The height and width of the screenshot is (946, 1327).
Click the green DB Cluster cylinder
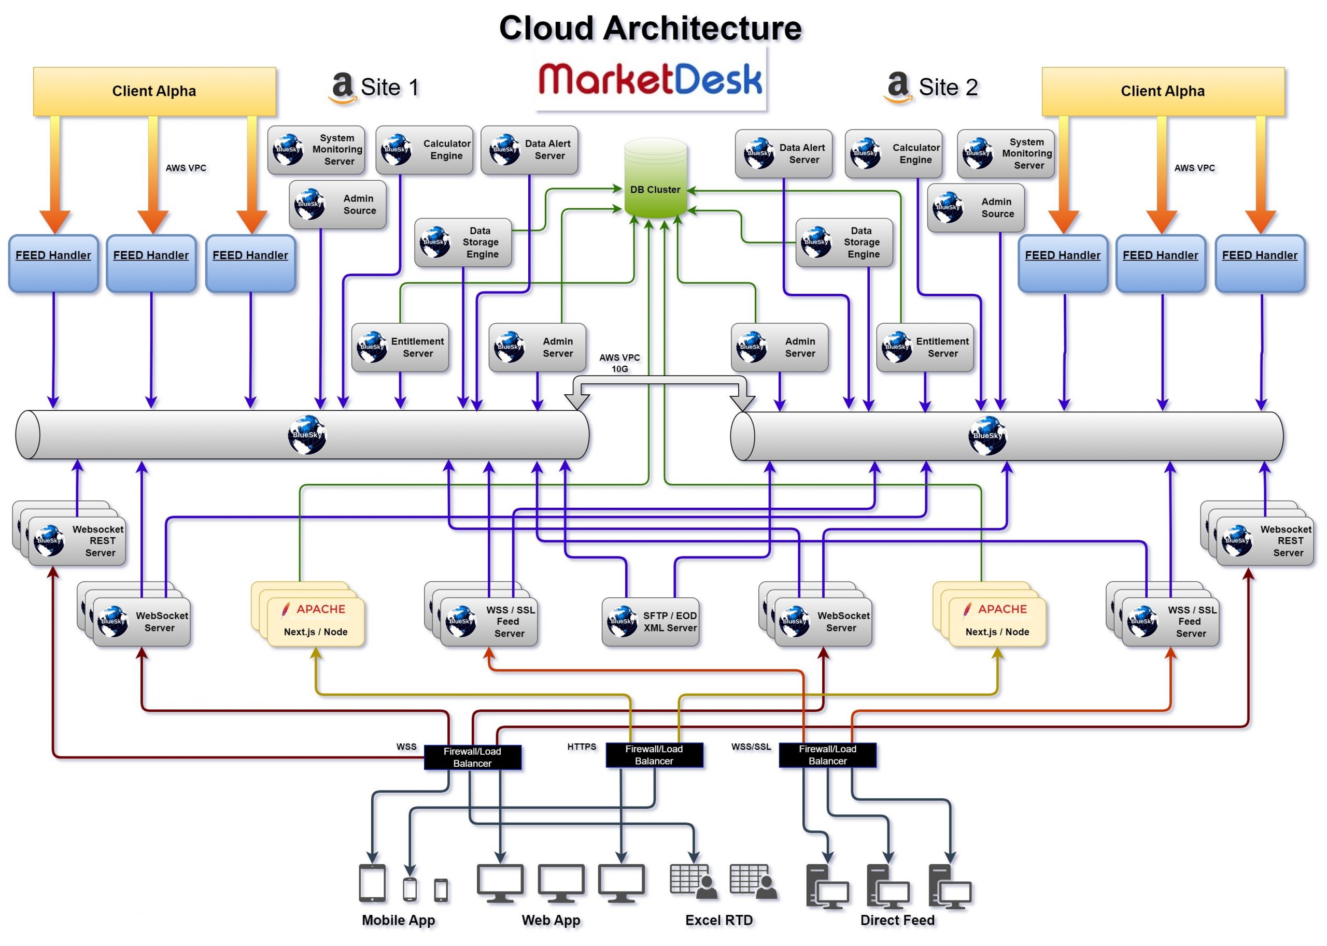655,179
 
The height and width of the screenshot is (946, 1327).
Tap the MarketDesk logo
650,80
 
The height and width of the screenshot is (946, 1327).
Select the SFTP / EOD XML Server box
651,622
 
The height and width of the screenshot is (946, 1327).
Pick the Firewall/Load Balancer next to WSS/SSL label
827,755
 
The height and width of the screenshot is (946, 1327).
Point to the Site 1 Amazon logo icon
342,88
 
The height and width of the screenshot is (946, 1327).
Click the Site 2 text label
948,88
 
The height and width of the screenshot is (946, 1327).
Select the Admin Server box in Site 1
538,348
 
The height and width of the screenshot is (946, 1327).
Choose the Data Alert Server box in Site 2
783,154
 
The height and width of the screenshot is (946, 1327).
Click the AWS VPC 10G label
619,363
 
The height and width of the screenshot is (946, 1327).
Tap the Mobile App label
399,921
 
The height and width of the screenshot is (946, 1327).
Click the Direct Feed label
897,921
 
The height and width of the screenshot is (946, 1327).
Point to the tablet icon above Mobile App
372,883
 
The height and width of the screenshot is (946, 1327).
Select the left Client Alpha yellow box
154,92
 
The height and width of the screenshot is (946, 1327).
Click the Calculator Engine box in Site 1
424,150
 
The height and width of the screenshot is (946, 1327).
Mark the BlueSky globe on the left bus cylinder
306,435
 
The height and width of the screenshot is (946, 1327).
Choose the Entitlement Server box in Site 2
925,348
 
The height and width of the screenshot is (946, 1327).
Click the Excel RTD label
719,921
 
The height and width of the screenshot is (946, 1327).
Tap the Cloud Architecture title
651,28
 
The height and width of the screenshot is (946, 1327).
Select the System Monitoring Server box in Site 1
316,150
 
